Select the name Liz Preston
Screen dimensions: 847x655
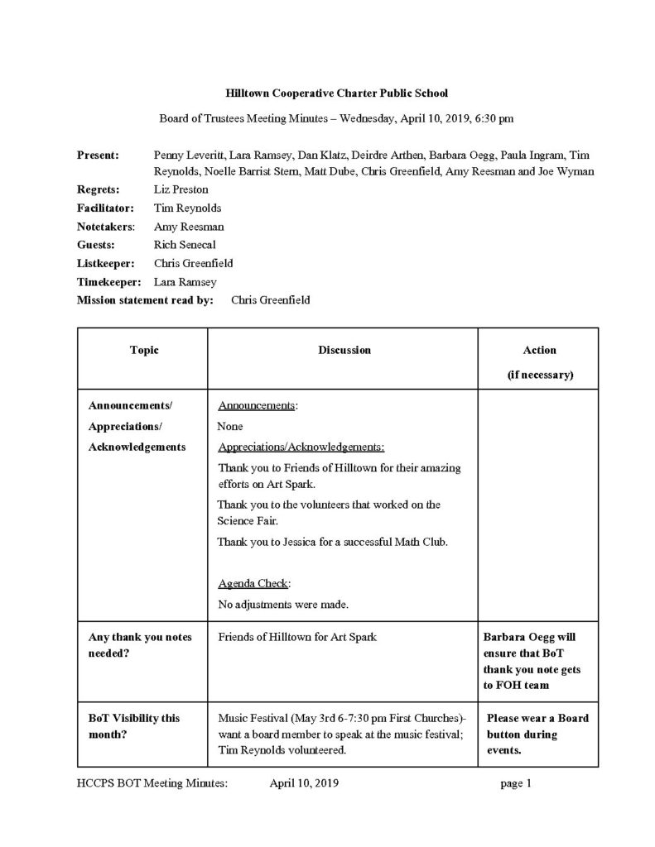pyautogui.click(x=181, y=189)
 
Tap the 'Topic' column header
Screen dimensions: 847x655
pyautogui.click(x=144, y=351)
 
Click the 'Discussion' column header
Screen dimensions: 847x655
pyautogui.click(x=344, y=351)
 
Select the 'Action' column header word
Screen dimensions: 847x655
pyautogui.click(x=540, y=351)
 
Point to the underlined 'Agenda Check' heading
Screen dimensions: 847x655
pyautogui.click(x=254, y=583)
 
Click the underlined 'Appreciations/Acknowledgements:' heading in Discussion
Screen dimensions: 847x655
pyautogui.click(x=301, y=447)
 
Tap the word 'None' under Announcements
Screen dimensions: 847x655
pyautogui.click(x=229, y=427)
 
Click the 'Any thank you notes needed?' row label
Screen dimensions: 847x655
pyautogui.click(x=140, y=645)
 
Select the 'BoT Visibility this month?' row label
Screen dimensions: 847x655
pyautogui.click(x=134, y=725)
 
